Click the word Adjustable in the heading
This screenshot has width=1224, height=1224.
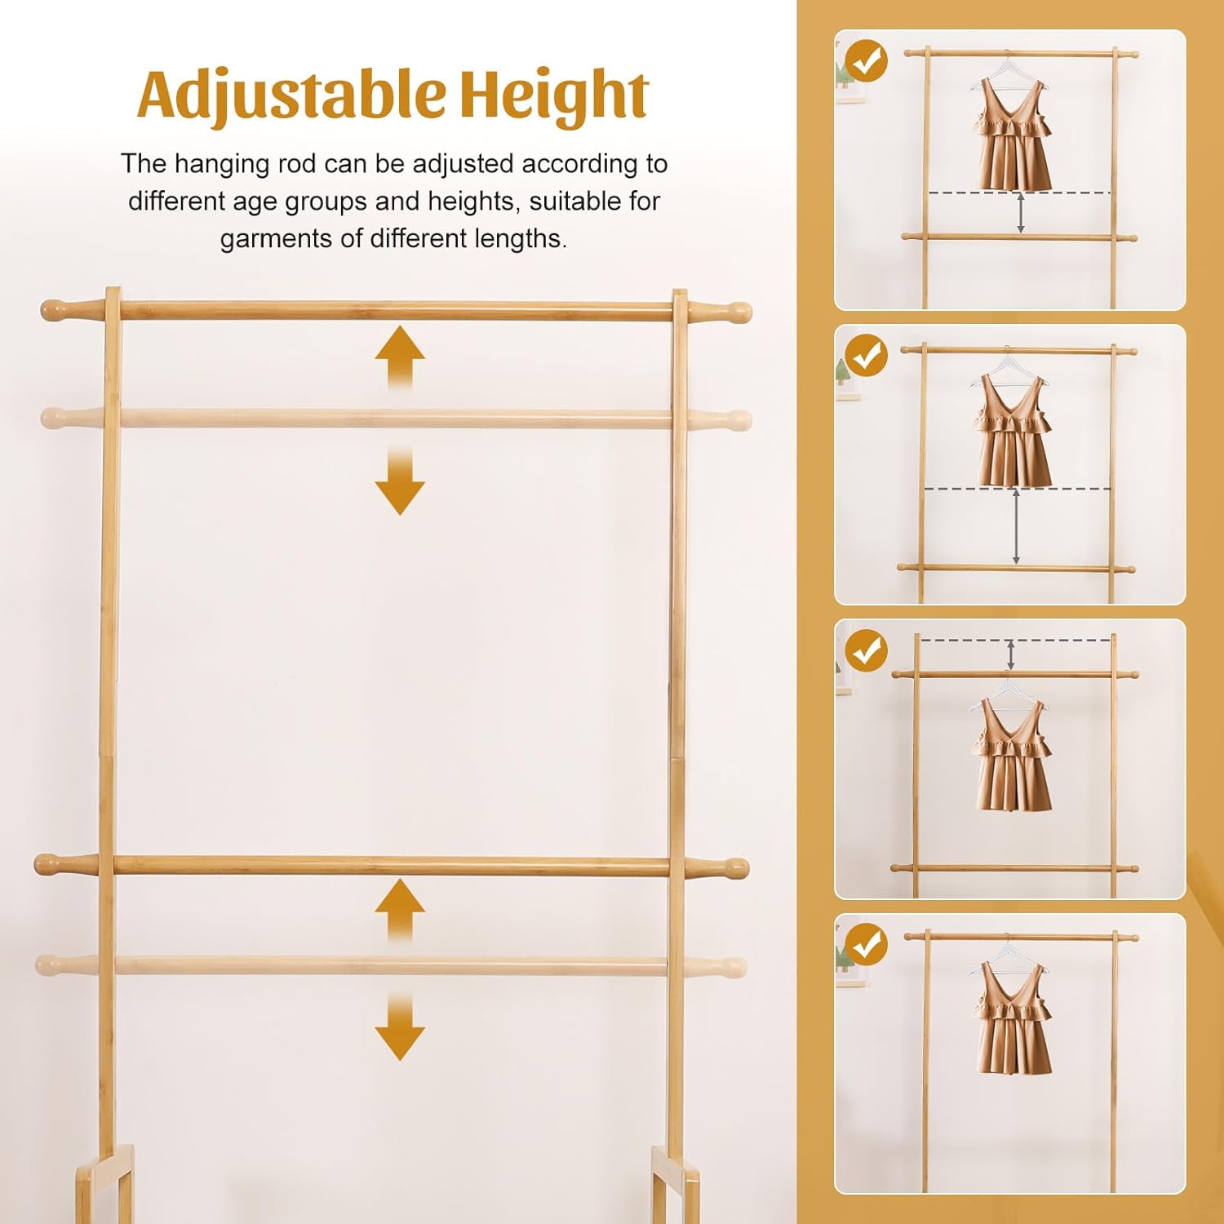coord(291,95)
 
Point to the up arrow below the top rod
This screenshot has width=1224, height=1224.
coord(400,357)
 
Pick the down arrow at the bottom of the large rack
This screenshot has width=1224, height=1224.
coord(400,1026)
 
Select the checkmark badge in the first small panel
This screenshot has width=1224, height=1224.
coord(866,61)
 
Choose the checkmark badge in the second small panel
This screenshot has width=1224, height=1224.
coord(866,356)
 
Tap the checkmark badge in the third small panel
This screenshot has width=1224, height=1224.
coord(866,650)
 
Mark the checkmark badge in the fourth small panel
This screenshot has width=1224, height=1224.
coord(866,945)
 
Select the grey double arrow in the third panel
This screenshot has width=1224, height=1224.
coord(1011,655)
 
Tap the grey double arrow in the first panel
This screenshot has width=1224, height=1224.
coord(1021,214)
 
